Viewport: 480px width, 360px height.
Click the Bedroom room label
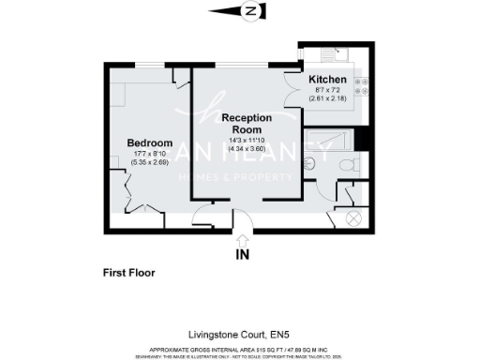point(145,142)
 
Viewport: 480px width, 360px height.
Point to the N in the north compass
point(250,11)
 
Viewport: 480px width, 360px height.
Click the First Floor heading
point(128,274)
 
